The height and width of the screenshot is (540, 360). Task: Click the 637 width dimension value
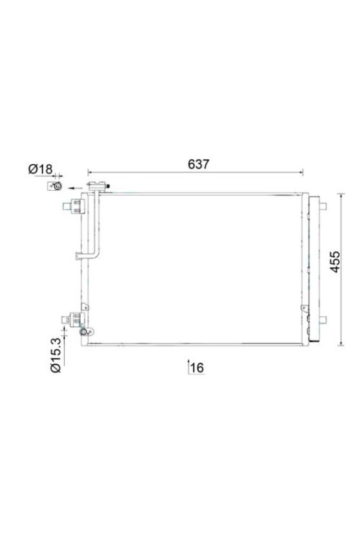[x=199, y=164]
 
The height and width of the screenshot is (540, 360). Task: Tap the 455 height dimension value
[x=335, y=262]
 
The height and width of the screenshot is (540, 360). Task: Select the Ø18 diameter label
[x=40, y=168]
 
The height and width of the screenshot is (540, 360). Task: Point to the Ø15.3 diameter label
[x=55, y=355]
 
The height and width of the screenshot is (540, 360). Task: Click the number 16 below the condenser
[x=197, y=367]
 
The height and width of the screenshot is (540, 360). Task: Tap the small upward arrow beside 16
[x=188, y=366]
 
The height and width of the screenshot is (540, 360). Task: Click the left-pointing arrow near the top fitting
[x=75, y=188]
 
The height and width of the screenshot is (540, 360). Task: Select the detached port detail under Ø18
[x=55, y=186]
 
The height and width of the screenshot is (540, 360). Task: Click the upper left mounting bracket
[x=73, y=207]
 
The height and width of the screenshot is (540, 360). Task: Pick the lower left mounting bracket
[x=73, y=320]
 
